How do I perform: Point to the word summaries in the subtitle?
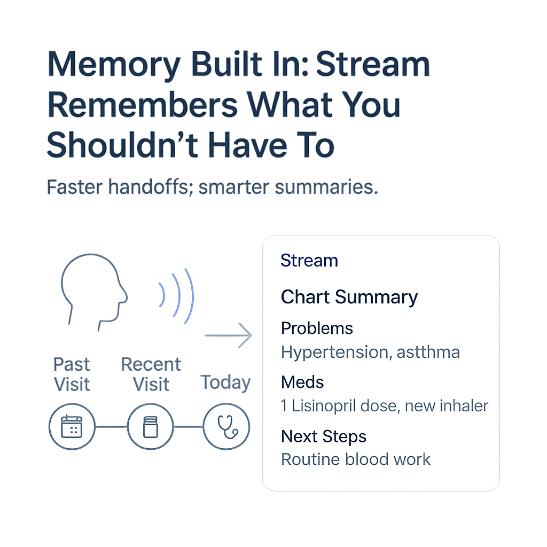tap(326, 187)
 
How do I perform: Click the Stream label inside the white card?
tap(309, 261)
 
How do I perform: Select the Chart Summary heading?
tap(349, 297)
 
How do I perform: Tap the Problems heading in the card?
tap(317, 328)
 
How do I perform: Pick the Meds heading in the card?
tap(302, 382)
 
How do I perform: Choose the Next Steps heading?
tap(324, 436)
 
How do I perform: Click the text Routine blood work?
tap(356, 459)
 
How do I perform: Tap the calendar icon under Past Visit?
tap(72, 427)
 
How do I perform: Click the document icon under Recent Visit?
tap(150, 427)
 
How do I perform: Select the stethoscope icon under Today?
tap(226, 427)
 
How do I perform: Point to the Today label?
tap(225, 383)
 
